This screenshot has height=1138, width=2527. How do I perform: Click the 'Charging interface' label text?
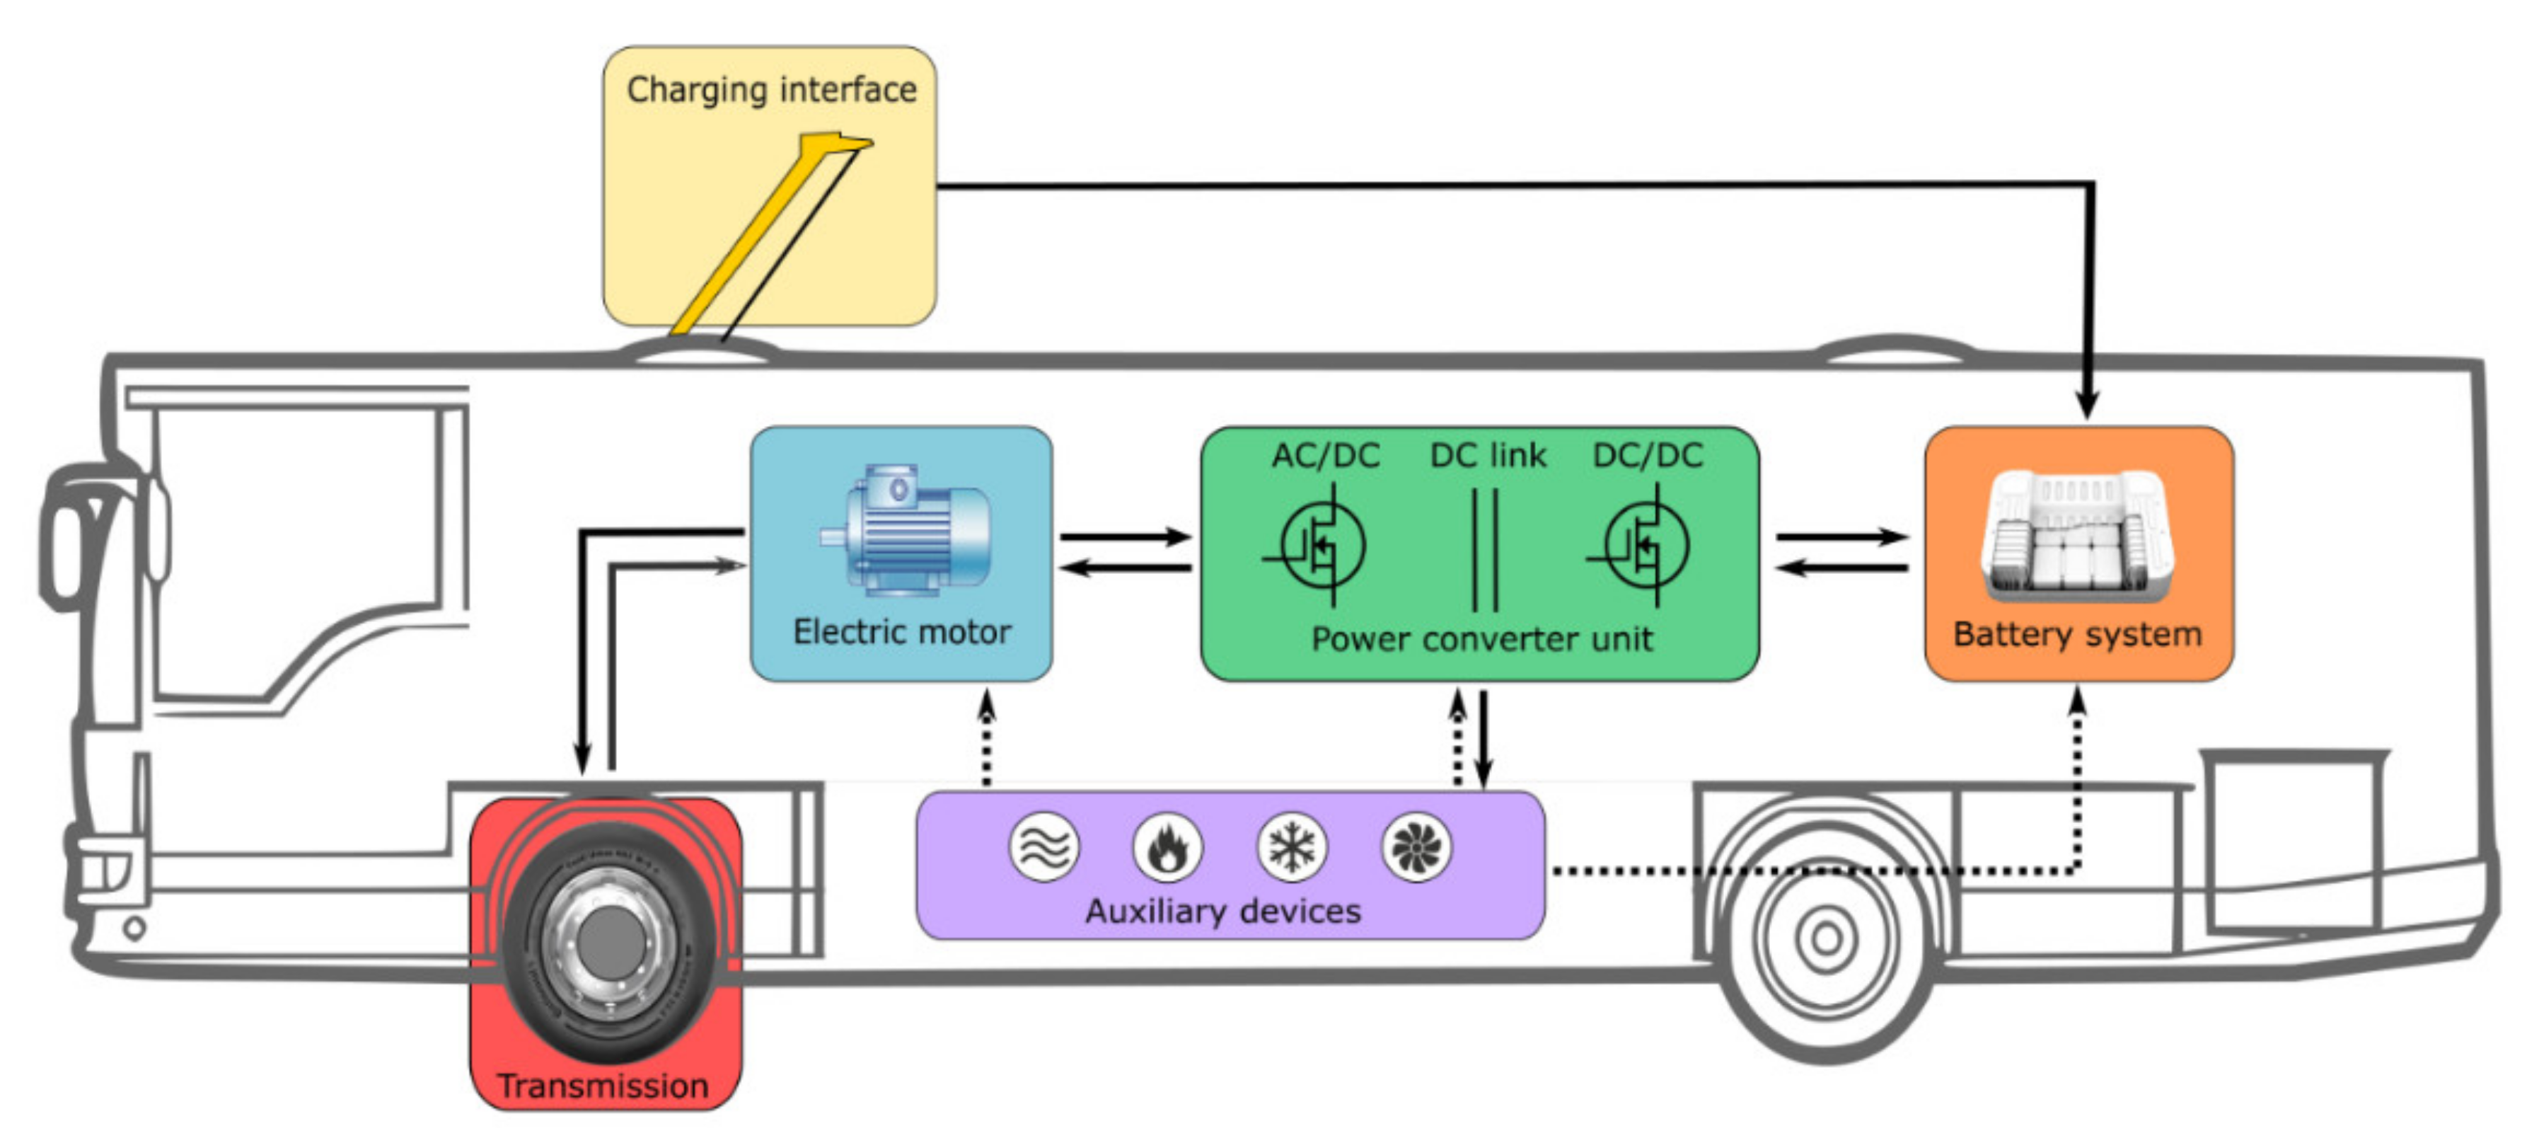(x=771, y=91)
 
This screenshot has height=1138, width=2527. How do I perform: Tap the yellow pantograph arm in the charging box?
(x=765, y=236)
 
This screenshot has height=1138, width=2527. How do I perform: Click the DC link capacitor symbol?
(x=1485, y=551)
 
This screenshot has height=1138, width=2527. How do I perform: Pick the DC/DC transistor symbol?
(x=1642, y=544)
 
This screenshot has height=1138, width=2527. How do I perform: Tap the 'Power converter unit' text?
(x=1481, y=640)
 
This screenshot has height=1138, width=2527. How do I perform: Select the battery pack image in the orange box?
(x=2078, y=534)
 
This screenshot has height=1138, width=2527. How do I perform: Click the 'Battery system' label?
(x=2078, y=633)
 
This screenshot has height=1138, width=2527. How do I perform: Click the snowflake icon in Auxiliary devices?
(x=1292, y=846)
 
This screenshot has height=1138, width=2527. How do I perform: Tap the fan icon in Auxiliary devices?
(x=1416, y=846)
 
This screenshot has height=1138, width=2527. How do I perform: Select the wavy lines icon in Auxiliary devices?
(x=1043, y=846)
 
